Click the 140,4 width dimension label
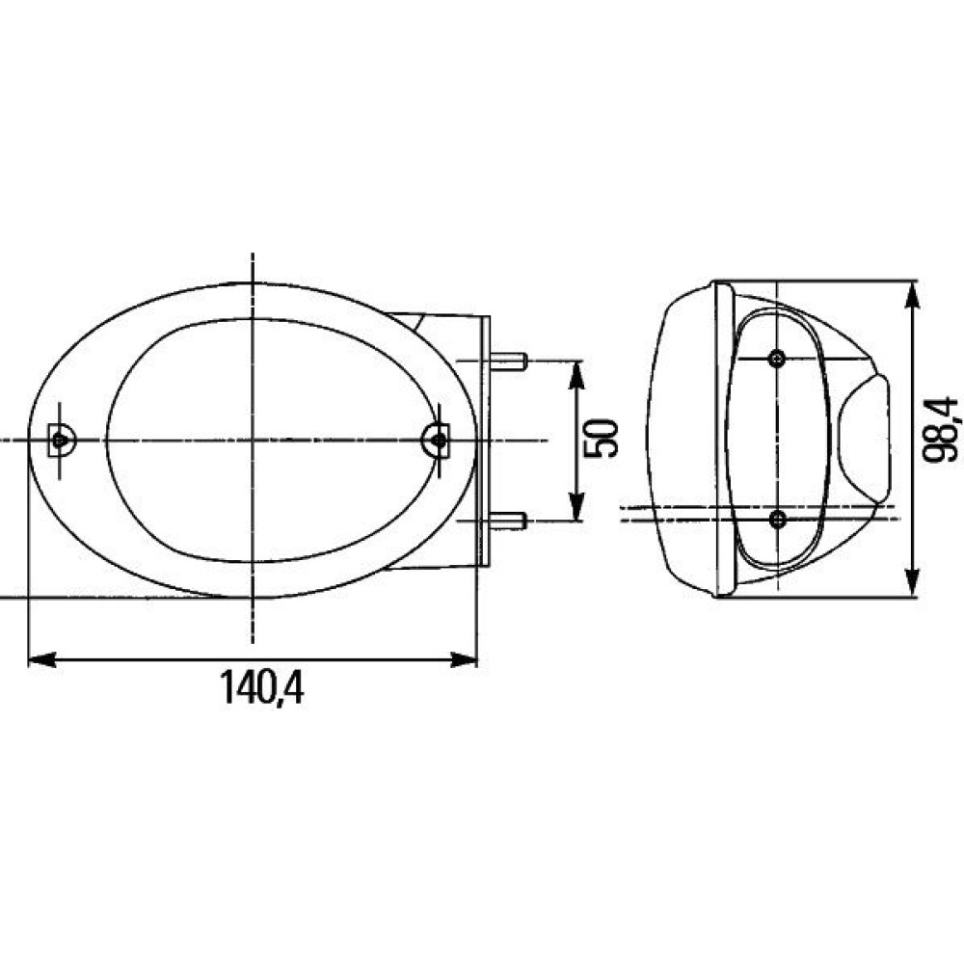tap(262, 687)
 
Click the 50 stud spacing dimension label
tap(600, 439)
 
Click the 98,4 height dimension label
tap(941, 429)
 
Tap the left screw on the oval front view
tap(60, 440)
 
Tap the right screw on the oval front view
tap(438, 440)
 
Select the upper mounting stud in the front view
tap(508, 361)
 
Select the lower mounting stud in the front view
tap(508, 521)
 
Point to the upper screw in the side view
tap(778, 358)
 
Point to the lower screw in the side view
tap(778, 521)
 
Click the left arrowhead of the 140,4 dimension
tap(42, 660)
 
